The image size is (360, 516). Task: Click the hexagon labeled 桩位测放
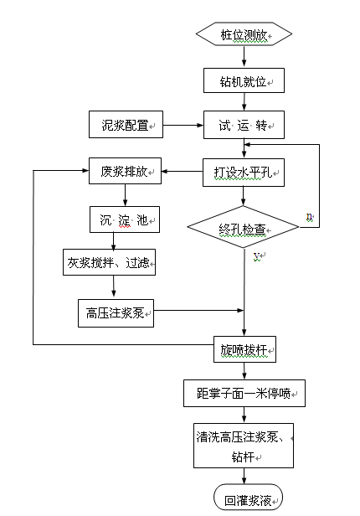[x=244, y=34]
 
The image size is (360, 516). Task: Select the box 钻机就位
[x=244, y=80]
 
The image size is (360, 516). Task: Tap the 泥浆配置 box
[x=126, y=126]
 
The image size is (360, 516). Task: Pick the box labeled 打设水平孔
[x=244, y=173]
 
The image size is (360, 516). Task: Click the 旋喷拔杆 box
[x=244, y=348]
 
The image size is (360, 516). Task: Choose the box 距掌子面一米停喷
[x=244, y=392]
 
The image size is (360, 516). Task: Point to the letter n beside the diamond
[x=310, y=217]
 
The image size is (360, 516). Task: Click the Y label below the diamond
[x=257, y=255]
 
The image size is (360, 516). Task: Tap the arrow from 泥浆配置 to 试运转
[x=183, y=126]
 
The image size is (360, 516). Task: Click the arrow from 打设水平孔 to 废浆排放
[x=182, y=173]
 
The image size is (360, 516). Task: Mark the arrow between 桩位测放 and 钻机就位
[x=244, y=57]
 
